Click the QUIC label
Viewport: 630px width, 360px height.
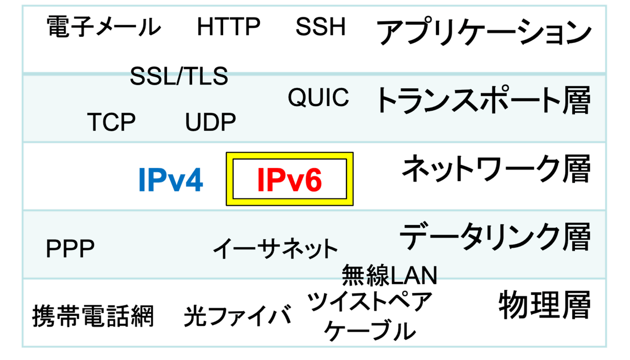point(318,98)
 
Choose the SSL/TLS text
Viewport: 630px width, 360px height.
point(179,77)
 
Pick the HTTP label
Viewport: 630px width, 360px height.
point(228,27)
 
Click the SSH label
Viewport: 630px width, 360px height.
point(320,27)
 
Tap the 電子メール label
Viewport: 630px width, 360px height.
point(103,27)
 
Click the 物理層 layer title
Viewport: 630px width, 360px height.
point(544,304)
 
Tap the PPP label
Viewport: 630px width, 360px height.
point(70,249)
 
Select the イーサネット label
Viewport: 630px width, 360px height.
point(275,248)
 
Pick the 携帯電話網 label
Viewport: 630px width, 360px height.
point(93,316)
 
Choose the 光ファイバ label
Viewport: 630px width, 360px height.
point(237,316)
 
